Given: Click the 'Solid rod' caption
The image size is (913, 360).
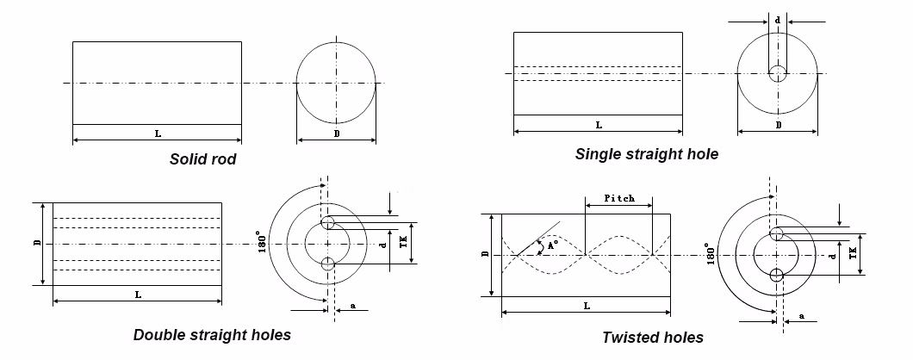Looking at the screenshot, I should pos(203,159).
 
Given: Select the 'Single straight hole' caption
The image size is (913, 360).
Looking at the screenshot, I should pos(646,154).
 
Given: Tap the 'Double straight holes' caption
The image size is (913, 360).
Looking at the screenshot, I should pos(212,334).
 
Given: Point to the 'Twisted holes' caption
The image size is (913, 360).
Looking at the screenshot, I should pos(653,337).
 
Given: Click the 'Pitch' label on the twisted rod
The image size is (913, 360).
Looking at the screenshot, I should pos(618,198).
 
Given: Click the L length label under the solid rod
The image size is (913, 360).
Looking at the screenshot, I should pos(158,133).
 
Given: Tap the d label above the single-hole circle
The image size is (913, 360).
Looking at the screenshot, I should pos(778,18).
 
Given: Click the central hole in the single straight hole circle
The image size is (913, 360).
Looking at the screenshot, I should pos(778,73).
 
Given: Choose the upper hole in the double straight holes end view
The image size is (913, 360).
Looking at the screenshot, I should pos(327,224).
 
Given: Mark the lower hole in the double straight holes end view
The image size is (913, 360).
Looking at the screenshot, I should pos(327,264).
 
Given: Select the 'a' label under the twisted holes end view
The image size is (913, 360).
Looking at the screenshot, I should pos(802,317).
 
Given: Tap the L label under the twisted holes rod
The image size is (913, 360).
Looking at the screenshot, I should pos(587,306).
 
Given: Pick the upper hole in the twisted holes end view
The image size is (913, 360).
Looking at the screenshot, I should pos(777,234).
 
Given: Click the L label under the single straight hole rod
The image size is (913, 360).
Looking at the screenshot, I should pos(599,126).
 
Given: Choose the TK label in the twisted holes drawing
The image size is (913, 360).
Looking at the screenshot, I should pos(853,252).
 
